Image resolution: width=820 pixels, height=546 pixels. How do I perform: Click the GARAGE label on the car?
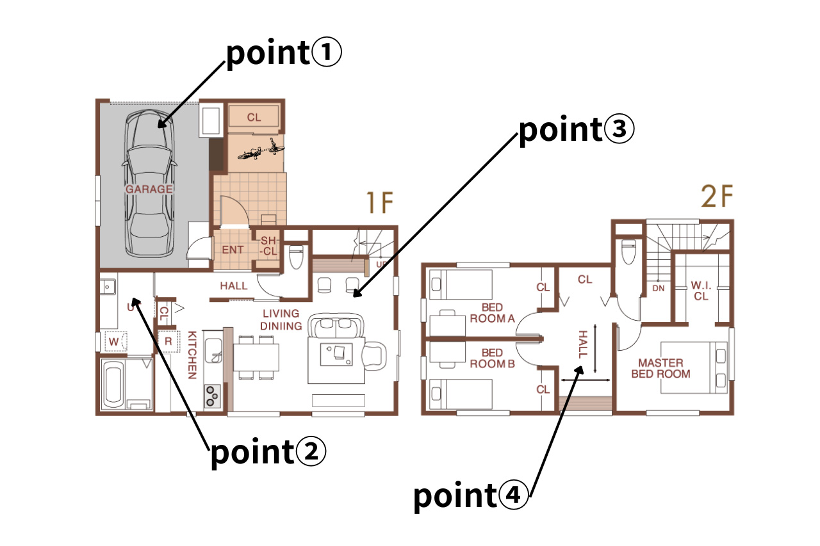tap(149, 189)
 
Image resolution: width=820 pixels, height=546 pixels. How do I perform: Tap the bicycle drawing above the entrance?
tap(261, 149)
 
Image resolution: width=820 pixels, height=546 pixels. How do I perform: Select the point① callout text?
tap(284, 53)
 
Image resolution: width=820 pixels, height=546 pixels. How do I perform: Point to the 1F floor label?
tap(380, 203)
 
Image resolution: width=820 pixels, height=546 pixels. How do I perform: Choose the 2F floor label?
tap(717, 197)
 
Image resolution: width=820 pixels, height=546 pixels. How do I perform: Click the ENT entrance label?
tap(233, 250)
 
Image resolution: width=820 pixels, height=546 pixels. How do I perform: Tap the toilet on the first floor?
tap(296, 257)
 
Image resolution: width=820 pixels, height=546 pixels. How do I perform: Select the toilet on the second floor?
tap(628, 252)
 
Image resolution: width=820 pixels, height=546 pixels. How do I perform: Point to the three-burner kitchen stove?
tap(212, 396)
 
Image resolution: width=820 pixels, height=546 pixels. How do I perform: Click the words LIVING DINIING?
tap(281, 319)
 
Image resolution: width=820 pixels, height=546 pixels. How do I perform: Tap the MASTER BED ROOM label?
tap(660, 368)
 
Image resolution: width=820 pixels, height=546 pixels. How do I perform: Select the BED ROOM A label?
tap(493, 313)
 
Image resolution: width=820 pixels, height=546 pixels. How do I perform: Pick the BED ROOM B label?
tap(493, 358)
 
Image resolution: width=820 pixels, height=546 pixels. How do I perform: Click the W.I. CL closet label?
tap(701, 291)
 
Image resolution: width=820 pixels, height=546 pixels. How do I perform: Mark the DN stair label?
tap(658, 289)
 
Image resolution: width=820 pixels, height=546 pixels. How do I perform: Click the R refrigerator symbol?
tap(168, 341)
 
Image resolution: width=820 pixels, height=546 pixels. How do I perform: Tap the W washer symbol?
tap(114, 342)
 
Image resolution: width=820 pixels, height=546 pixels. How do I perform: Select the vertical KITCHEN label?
tap(192, 355)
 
